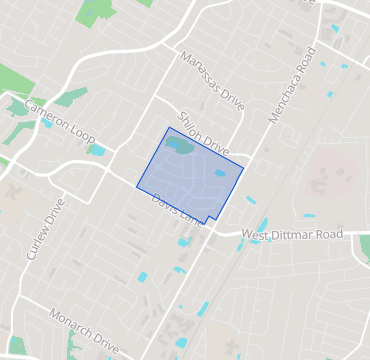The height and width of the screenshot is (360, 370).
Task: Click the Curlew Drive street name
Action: pos(45,229)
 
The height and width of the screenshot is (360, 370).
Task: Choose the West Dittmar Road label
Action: pos(291,234)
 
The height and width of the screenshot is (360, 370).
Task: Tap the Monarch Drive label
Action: pos(85,332)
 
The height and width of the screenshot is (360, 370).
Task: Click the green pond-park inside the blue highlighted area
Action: pos(180,146)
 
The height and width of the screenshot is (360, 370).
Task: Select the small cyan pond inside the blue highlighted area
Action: pos(220,173)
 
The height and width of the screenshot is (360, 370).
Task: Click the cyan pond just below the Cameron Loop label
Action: pos(97,150)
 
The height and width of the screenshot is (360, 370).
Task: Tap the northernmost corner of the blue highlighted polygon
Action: pos(169,127)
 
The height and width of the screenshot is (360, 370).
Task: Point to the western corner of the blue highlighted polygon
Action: pos(137,186)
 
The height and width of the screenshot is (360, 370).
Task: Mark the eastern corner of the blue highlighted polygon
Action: pos(243,170)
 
